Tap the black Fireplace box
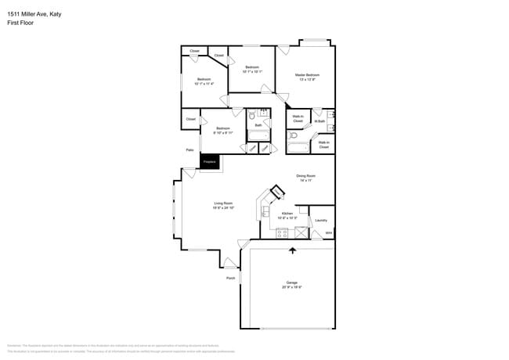coord(209,163)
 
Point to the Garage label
coord(291,285)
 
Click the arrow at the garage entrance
coord(293,250)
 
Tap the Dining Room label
coord(305,178)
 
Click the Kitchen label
coord(287,215)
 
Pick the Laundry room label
coord(320,220)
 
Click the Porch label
coord(230,278)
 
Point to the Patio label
coord(190,149)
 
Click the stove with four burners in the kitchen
coord(281,232)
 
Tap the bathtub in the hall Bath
coord(258,135)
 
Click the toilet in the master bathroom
coord(292,135)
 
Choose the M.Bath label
coord(319,121)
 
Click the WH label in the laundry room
coord(329,233)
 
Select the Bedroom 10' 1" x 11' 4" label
coord(204,81)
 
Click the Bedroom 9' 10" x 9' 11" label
coord(223,130)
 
